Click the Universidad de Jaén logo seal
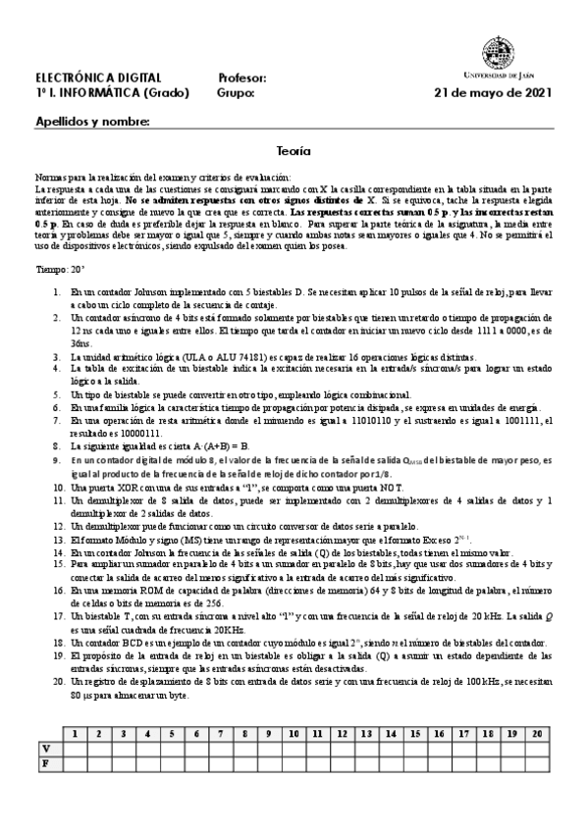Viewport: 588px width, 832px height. [x=496, y=52]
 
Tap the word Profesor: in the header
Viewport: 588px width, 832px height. [x=241, y=78]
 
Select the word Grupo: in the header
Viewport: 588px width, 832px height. [x=236, y=93]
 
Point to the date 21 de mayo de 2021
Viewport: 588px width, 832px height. [x=493, y=93]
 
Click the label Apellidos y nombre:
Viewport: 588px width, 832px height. [x=92, y=123]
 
